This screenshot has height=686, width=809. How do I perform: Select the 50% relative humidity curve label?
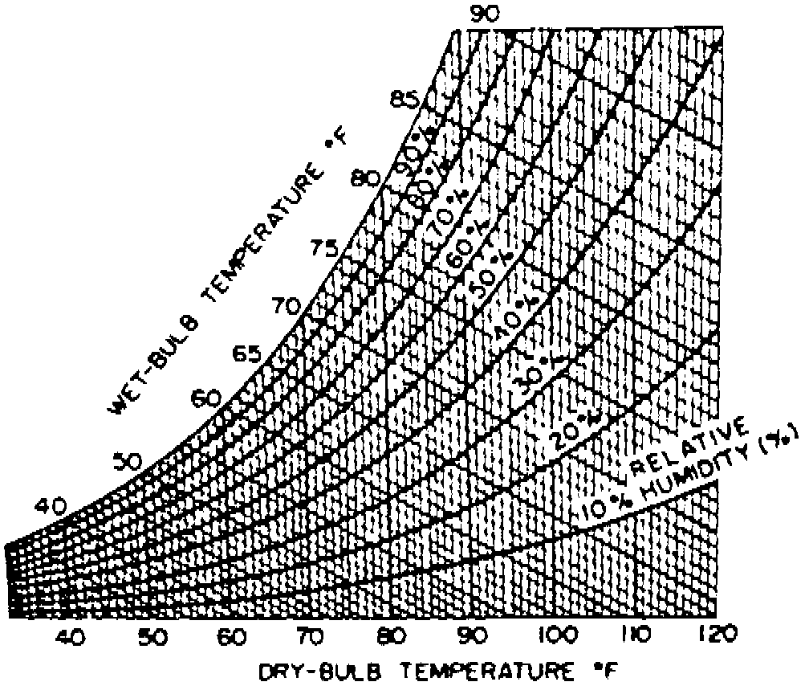coord(483,288)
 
